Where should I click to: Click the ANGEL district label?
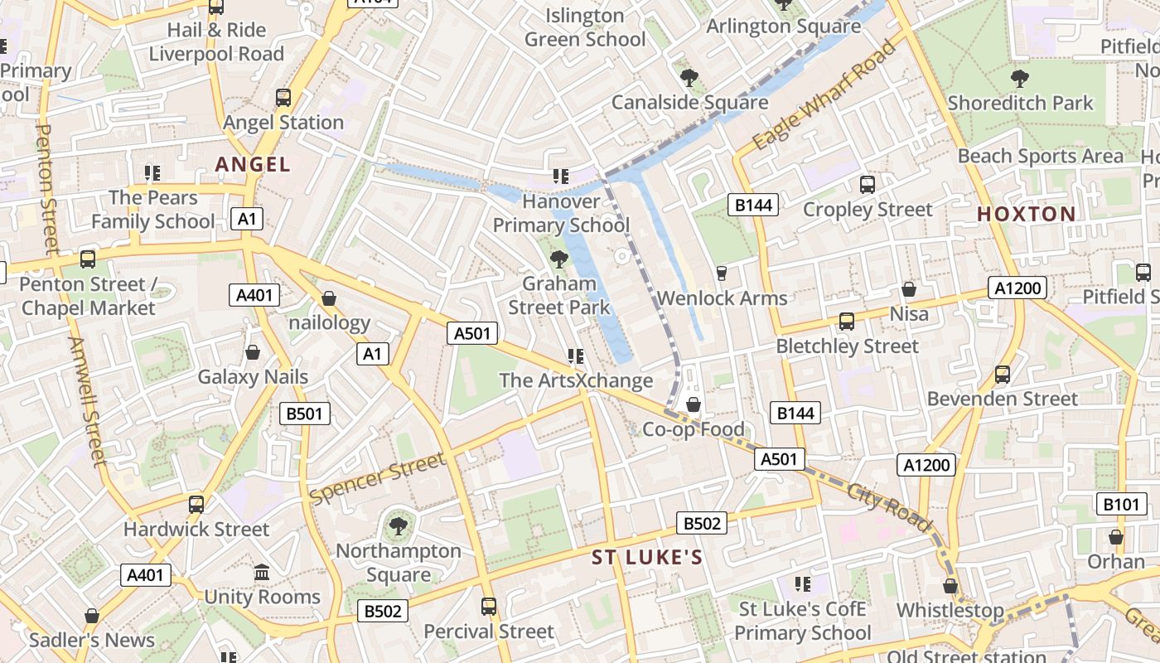pyautogui.click(x=253, y=164)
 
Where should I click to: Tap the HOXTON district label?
pyautogui.click(x=1026, y=214)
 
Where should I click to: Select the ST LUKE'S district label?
pyautogui.click(x=647, y=558)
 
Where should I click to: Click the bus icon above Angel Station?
pyautogui.click(x=283, y=98)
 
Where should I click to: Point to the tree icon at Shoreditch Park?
pyautogui.click(x=1020, y=79)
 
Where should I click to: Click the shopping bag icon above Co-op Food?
pyautogui.click(x=694, y=404)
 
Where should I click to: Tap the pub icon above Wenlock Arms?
pyautogui.click(x=721, y=273)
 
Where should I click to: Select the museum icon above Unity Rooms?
pyautogui.click(x=262, y=573)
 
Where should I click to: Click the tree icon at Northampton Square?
pyautogui.click(x=398, y=525)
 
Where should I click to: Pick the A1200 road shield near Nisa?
pyautogui.click(x=1017, y=288)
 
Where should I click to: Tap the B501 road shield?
pyautogui.click(x=305, y=414)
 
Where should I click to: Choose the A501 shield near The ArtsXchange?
pyautogui.click(x=473, y=333)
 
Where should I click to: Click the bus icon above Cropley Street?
pyautogui.click(x=868, y=185)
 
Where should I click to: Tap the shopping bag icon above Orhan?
pyautogui.click(x=1116, y=537)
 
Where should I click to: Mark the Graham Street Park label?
pyautogui.click(x=558, y=295)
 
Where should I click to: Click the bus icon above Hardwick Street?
pyautogui.click(x=196, y=504)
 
